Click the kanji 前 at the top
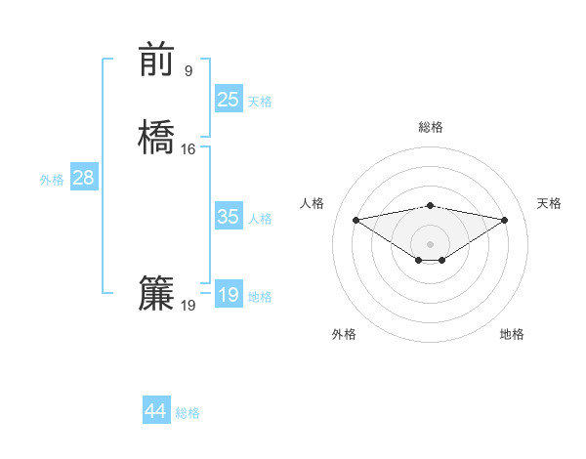click(x=156, y=59)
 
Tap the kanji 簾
click(x=156, y=294)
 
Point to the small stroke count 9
click(x=188, y=70)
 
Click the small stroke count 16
click(x=188, y=149)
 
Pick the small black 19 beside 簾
click(x=188, y=306)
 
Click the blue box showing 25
click(x=229, y=99)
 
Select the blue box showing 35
click(x=229, y=217)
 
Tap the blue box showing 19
click(x=229, y=295)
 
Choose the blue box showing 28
click(x=83, y=178)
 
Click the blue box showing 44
click(x=156, y=411)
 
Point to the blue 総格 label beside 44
click(x=188, y=413)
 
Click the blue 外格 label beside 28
click(x=52, y=180)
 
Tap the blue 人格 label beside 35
click(x=260, y=219)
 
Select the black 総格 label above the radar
click(x=431, y=127)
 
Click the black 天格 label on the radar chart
click(x=550, y=203)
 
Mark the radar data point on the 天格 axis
click(x=505, y=220)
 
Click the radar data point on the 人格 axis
click(x=356, y=220)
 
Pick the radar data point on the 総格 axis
click(x=431, y=205)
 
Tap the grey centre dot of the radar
click(x=431, y=243)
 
